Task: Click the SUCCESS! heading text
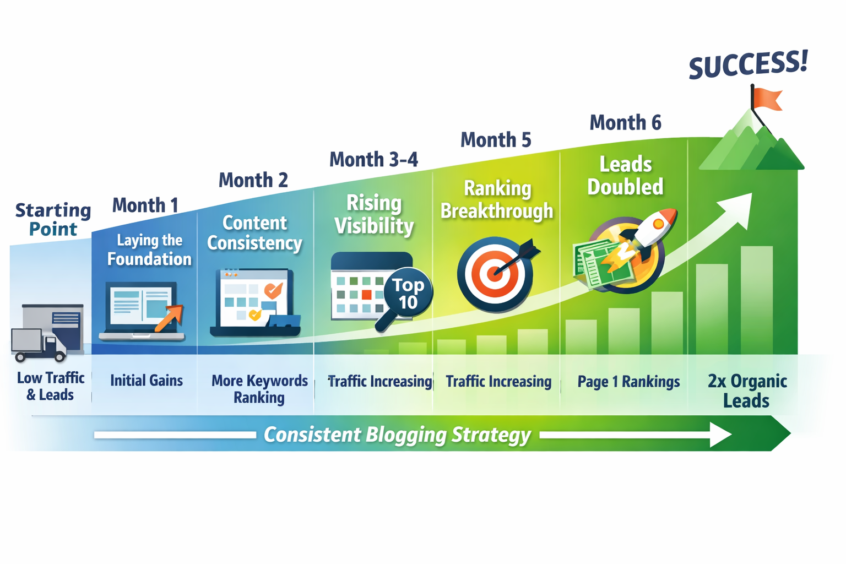click(748, 64)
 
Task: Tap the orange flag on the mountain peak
click(768, 99)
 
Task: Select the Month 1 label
click(145, 205)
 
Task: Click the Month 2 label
click(253, 180)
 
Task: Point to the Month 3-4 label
click(373, 160)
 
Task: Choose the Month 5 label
click(496, 140)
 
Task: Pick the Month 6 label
click(625, 122)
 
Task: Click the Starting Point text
click(53, 219)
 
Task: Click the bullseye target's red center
click(494, 273)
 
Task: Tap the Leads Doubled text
click(625, 176)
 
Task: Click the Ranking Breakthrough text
click(497, 199)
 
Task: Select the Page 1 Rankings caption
click(628, 382)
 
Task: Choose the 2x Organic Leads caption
click(747, 391)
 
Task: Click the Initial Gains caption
click(147, 381)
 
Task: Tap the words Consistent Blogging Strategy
click(397, 435)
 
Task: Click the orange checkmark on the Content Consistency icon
click(273, 290)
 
